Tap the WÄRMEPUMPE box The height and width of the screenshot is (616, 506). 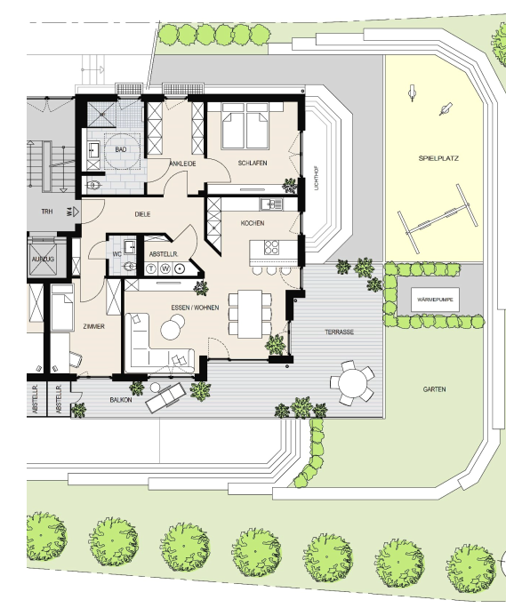tap(435, 300)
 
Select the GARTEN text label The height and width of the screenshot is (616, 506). tap(435, 389)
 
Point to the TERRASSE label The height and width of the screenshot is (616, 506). tap(339, 332)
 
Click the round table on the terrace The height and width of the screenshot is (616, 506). tap(352, 383)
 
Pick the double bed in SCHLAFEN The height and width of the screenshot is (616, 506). tap(246, 125)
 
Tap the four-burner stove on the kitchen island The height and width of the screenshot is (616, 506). tap(271, 248)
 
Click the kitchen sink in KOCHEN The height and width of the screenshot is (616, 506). tap(271, 204)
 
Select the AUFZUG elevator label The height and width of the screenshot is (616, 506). tap(43, 260)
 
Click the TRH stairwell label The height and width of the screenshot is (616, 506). tap(47, 212)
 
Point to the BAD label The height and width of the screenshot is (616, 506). tap(121, 149)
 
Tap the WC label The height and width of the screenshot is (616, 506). tap(117, 254)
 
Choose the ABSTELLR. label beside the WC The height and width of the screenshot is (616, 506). tap(164, 254)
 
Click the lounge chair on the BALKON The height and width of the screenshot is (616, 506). tap(165, 397)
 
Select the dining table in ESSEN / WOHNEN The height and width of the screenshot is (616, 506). tap(250, 314)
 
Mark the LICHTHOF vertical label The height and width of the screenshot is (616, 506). tap(317, 179)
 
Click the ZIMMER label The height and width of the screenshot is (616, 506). tap(94, 326)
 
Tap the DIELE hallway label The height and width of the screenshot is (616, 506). tap(142, 214)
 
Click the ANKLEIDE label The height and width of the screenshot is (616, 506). tap(183, 164)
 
